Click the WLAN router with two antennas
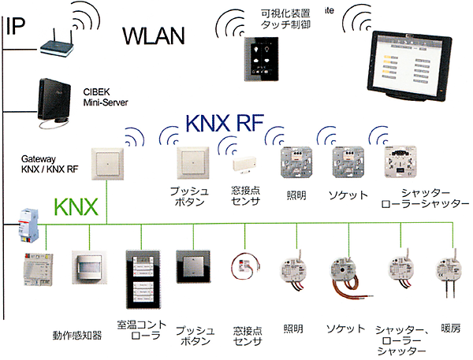tap(60, 46)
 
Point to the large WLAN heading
tap(153, 35)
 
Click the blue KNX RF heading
tap(224, 124)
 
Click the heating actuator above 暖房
tap(445, 272)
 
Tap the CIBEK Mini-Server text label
tap(106, 97)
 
